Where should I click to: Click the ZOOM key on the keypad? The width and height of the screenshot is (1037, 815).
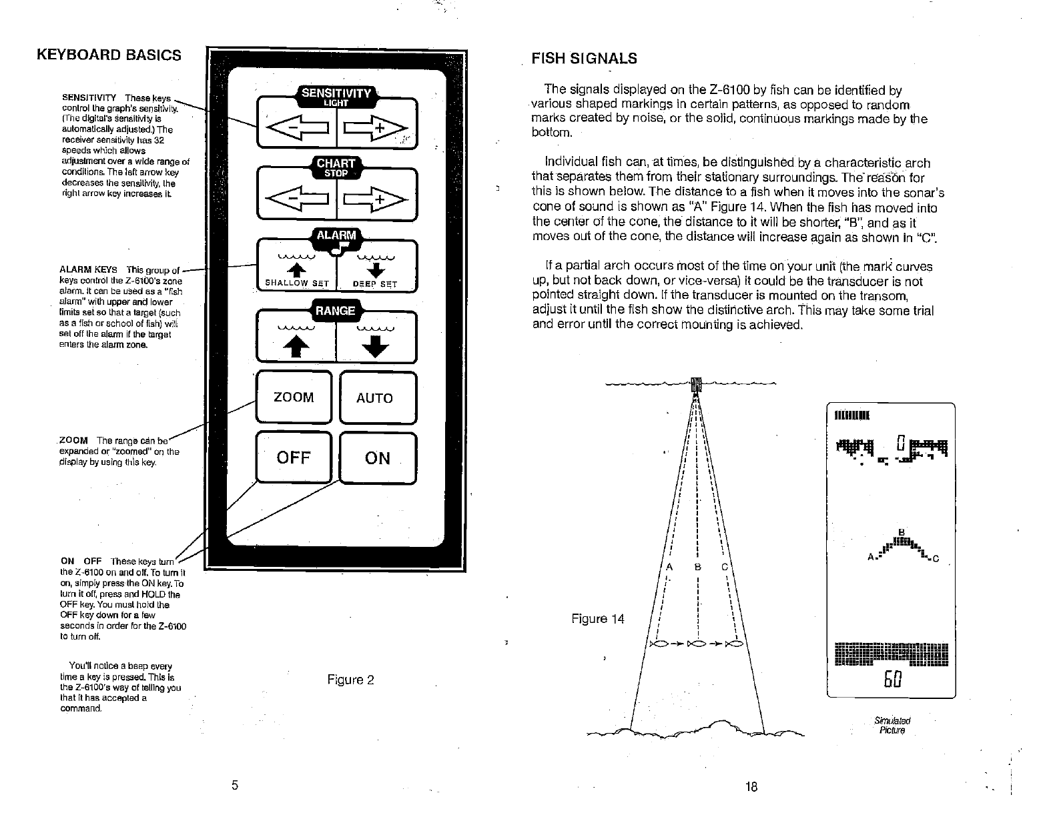coord(294,397)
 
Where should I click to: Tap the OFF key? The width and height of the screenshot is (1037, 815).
coord(294,458)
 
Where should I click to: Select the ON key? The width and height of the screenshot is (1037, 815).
coord(378,458)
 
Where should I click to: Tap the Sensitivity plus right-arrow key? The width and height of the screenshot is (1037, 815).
coord(376,125)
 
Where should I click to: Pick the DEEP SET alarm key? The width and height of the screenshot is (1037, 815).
coord(376,270)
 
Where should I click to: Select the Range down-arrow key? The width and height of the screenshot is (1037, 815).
coord(376,341)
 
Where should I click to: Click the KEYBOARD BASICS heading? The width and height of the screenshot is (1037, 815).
coord(109,55)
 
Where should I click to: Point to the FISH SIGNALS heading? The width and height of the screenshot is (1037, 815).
coord(584,59)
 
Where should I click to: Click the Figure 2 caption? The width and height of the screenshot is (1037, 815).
coord(350,680)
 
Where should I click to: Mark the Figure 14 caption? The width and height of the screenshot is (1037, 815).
coord(597,619)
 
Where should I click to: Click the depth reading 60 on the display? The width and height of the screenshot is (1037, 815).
coord(892,680)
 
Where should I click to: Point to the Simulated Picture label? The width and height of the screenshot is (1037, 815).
coord(892,726)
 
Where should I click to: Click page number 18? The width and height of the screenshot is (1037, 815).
coord(751,786)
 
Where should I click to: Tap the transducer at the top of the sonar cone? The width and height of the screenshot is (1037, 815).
coord(695,385)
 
